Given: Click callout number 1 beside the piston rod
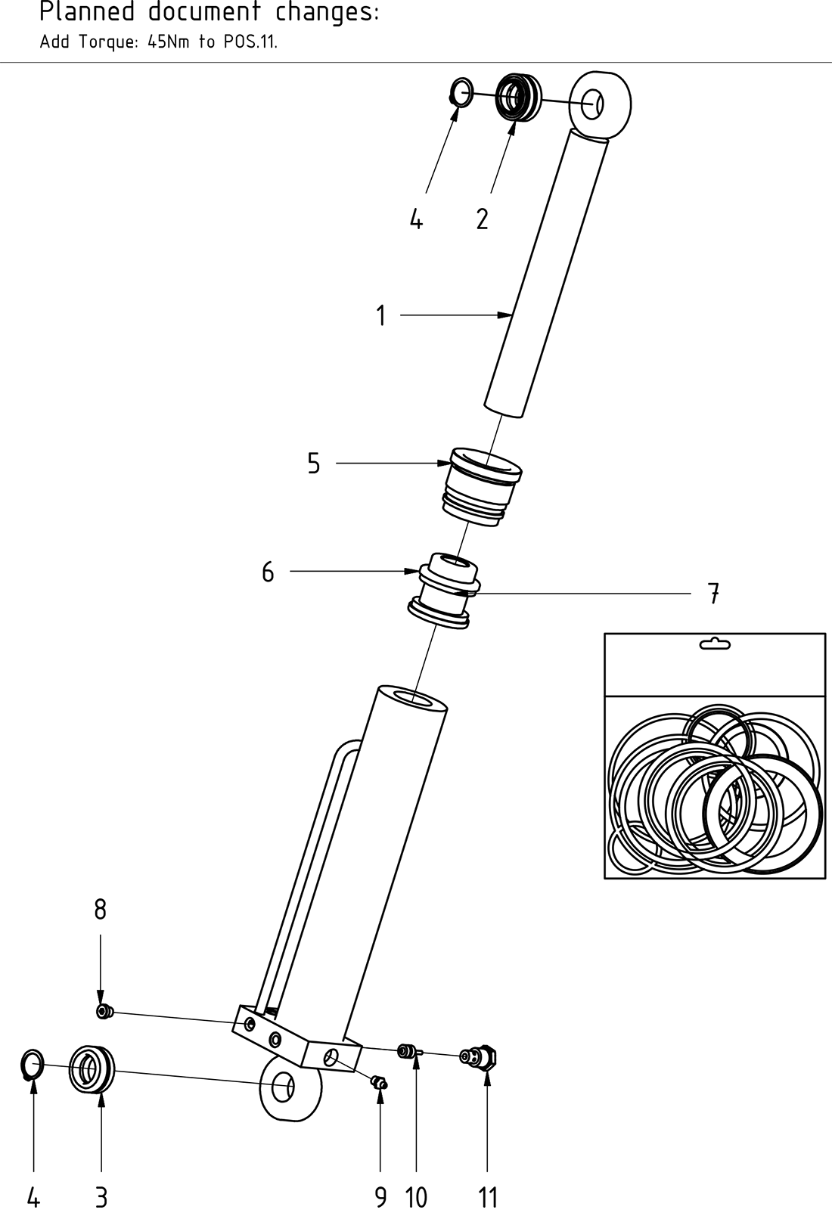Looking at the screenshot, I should (x=381, y=315).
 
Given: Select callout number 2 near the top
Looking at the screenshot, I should (x=482, y=219).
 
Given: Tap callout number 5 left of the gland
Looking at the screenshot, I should (x=313, y=464).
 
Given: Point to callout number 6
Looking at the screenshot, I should (x=268, y=572).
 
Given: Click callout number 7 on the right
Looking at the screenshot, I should (x=713, y=594).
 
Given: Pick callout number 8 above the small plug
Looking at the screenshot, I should (x=100, y=910).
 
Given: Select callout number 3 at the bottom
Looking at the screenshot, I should (x=101, y=1198).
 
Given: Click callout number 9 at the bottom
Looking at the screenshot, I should (x=380, y=1198).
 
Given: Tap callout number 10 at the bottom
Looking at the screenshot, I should (x=416, y=1198).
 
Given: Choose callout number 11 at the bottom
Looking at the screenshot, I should (x=488, y=1198).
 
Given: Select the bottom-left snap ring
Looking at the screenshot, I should (x=31, y=1065).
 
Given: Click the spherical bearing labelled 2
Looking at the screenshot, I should (x=518, y=96).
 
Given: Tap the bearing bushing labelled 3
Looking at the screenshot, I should (x=91, y=1068).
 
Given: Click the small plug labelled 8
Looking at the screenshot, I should (x=104, y=1011).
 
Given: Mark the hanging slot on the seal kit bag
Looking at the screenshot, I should (x=715, y=644).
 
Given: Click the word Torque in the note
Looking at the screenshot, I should (x=108, y=42).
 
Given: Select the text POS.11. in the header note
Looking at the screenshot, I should (x=250, y=42).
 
